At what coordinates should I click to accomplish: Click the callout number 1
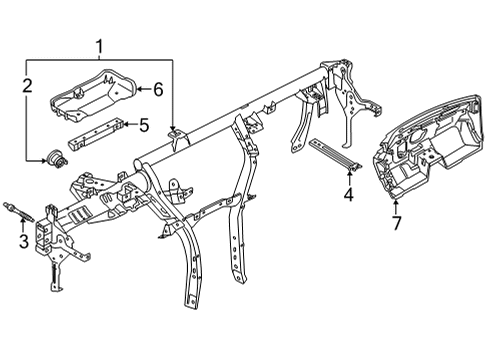point(99,47)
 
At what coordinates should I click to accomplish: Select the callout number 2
point(27,85)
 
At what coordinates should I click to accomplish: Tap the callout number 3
point(24,241)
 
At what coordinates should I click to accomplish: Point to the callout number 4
point(349,194)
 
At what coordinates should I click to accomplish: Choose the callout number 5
point(144,125)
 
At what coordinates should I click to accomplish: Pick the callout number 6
point(158,89)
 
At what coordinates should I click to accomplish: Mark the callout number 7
point(396,223)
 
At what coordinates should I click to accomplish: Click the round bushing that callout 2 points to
point(57,158)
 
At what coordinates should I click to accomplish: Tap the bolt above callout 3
point(18,212)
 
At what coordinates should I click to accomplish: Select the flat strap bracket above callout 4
point(335,154)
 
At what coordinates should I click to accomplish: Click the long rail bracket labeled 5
point(95,134)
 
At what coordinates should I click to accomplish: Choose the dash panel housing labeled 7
point(429,146)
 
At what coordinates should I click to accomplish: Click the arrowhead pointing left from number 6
point(140,89)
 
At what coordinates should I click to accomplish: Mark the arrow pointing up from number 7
point(395,206)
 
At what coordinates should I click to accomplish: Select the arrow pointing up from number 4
point(349,177)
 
